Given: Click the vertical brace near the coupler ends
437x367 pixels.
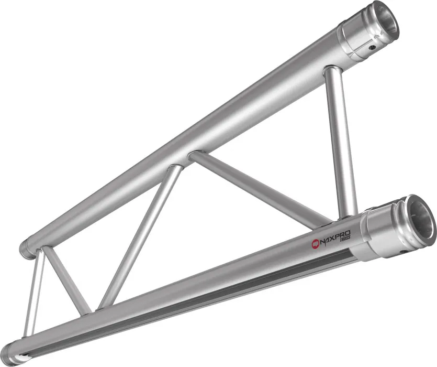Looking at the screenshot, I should pos(341,142).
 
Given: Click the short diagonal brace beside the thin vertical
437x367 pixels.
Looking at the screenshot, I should pos(65,278).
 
